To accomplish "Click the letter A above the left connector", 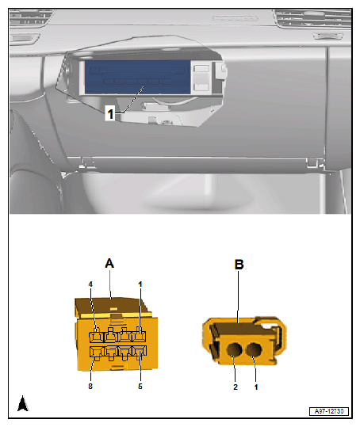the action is [x=109, y=263].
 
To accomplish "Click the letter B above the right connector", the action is [x=239, y=265].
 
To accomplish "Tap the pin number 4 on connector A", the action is [x=90, y=284].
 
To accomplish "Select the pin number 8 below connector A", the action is [x=90, y=386].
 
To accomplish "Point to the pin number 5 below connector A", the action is [x=140, y=386].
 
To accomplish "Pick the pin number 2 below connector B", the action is [x=236, y=387].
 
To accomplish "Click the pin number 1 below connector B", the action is [x=256, y=387].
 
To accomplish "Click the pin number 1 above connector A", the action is [x=140, y=284].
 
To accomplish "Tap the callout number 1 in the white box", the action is [x=110, y=114].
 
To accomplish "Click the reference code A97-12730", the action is [x=329, y=411].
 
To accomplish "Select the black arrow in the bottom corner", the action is [x=23, y=403].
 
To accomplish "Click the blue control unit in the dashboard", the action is [x=137, y=77].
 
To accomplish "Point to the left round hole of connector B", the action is [x=234, y=349].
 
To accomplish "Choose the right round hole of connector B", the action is [x=254, y=349].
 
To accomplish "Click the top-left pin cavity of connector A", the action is [x=96, y=337].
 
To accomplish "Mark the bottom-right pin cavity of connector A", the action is [x=140, y=351].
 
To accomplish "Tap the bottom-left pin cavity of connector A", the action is [x=96, y=352].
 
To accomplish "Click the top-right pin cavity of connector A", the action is [x=139, y=336].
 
